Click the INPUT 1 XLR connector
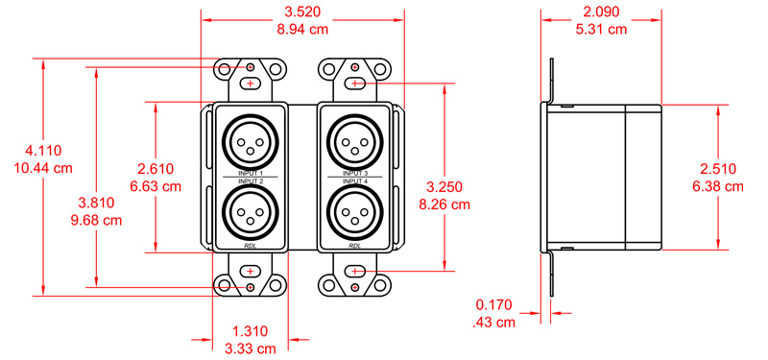click(251, 142)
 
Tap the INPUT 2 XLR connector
click(251, 212)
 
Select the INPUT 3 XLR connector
click(355, 142)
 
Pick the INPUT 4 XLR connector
click(355, 212)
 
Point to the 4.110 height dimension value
click(43, 151)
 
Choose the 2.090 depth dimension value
click(602, 13)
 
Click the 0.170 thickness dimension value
click(493, 305)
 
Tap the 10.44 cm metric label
click(43, 168)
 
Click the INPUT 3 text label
click(355, 173)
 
